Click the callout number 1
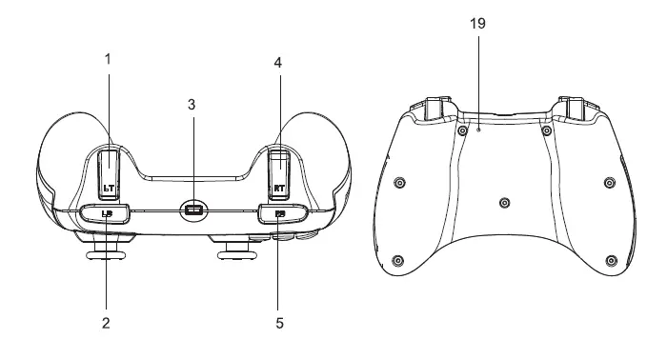click(x=108, y=59)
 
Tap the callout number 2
click(x=107, y=323)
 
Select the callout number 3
click(x=192, y=104)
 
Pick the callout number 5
click(x=278, y=323)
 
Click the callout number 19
click(x=478, y=24)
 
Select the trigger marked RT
click(x=279, y=167)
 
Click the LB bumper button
click(x=107, y=213)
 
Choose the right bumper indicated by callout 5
click(x=279, y=213)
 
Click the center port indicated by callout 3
click(x=193, y=210)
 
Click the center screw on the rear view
click(x=504, y=201)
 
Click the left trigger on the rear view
click(x=432, y=110)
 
